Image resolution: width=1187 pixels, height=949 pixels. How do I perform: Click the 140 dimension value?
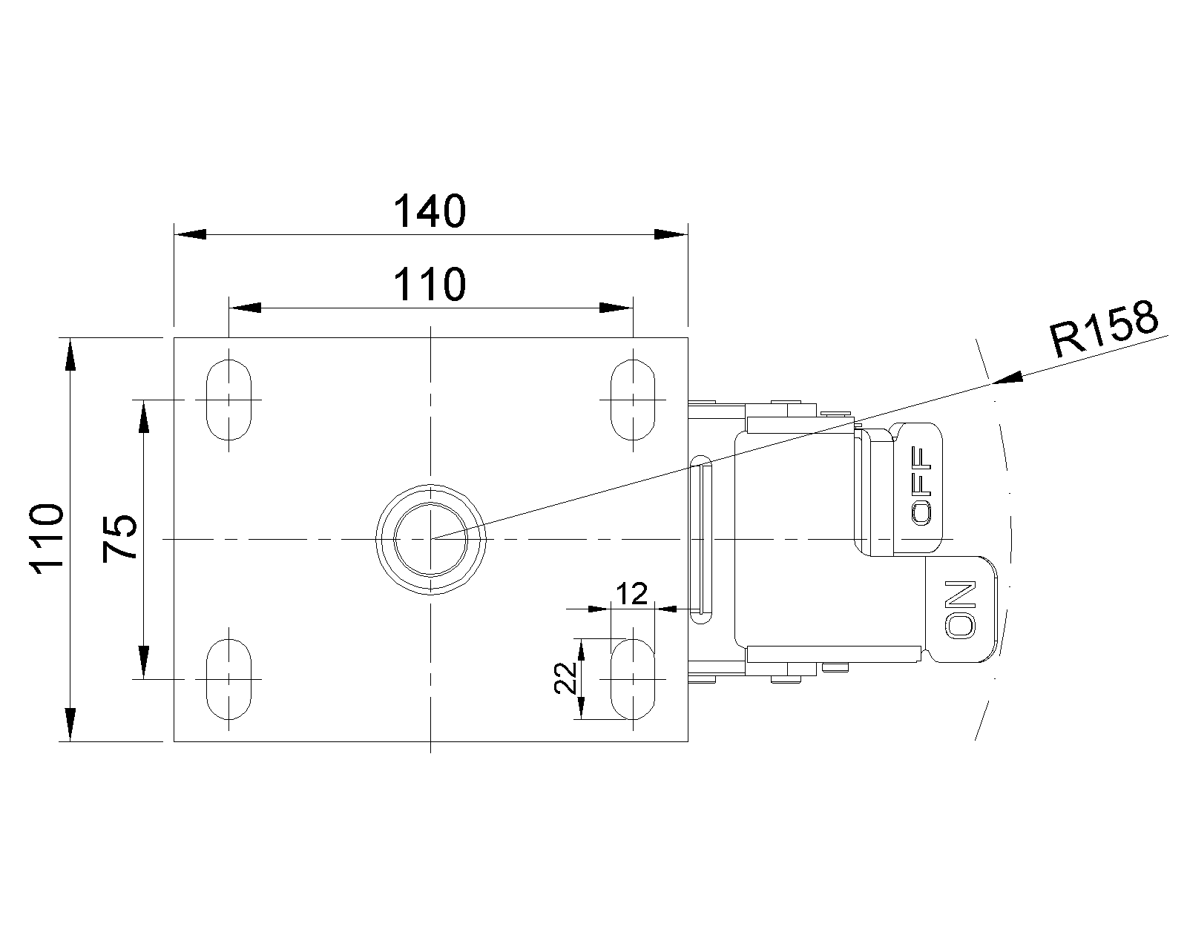430,211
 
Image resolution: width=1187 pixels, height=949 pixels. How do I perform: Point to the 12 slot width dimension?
632,593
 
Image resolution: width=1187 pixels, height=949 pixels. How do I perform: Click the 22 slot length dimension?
566,677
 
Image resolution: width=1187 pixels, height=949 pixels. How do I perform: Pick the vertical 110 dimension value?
46,539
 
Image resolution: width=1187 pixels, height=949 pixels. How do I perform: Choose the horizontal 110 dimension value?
430,284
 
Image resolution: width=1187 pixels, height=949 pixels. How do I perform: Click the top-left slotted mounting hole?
228,400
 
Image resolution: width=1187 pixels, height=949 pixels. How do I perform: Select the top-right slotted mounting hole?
633,400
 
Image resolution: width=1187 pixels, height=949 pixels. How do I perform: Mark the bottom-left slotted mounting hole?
228,678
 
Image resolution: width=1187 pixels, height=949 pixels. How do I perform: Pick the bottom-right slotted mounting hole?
633,678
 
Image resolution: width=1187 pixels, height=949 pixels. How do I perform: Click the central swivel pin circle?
430,539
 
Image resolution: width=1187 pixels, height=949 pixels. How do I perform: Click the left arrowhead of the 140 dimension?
189,234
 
